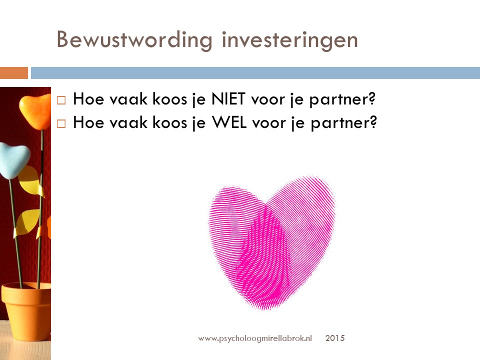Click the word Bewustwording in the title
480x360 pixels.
(134, 40)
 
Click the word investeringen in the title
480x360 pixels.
(289, 40)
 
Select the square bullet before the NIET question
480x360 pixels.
(61, 100)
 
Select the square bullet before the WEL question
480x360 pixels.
(61, 123)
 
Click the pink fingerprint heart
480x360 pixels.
(272, 243)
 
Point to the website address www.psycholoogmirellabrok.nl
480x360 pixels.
(255, 338)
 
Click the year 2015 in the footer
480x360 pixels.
(335, 338)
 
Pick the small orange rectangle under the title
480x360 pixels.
(14, 73)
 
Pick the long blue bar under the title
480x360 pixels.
(255, 73)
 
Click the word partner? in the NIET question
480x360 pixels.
(342, 99)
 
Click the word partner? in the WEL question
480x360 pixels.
(343, 123)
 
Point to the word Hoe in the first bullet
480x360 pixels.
(88, 99)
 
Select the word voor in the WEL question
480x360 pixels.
(269, 123)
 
